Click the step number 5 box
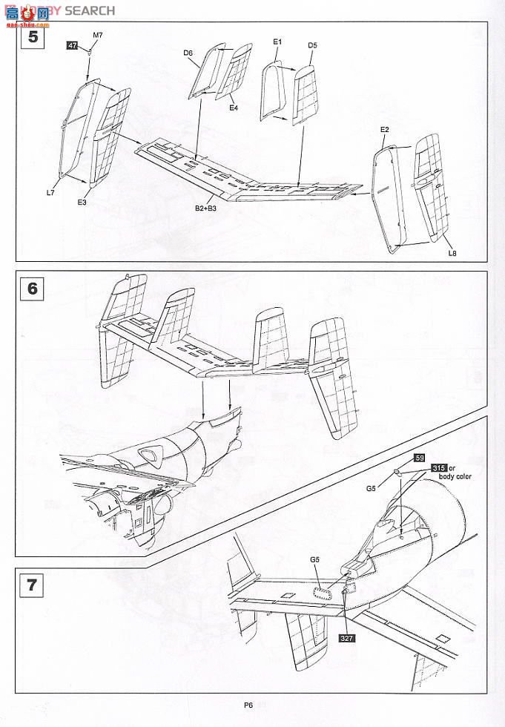pyautogui.click(x=30, y=36)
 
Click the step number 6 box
pyautogui.click(x=30, y=287)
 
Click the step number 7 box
pyautogui.click(x=30, y=585)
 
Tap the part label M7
pyautogui.click(x=98, y=36)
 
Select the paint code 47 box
pyautogui.click(x=72, y=46)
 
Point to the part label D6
pyautogui.click(x=188, y=53)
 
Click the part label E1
pyautogui.click(x=277, y=42)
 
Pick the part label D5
pyautogui.click(x=312, y=46)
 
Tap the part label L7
pyautogui.click(x=50, y=193)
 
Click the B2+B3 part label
pyautogui.click(x=205, y=209)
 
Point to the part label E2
pyautogui.click(x=384, y=129)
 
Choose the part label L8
pyautogui.click(x=452, y=254)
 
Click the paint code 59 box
pyautogui.click(x=419, y=458)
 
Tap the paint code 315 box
pyautogui.click(x=438, y=468)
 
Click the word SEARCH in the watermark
pyautogui.click(x=90, y=10)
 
